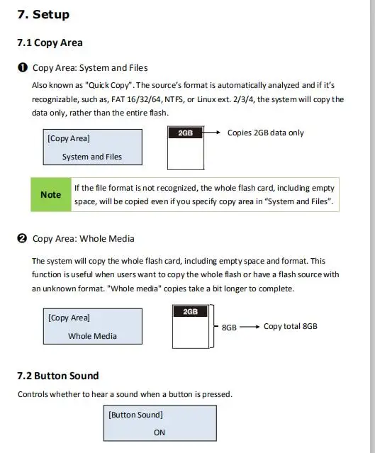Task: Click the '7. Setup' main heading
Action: (43, 14)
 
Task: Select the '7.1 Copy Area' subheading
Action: (50, 43)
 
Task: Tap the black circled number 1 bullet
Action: (23, 67)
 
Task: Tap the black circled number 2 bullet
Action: (22, 239)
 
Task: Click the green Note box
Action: (51, 194)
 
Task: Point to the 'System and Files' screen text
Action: (92, 157)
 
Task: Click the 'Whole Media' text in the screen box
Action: (92, 336)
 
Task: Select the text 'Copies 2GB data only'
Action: (266, 133)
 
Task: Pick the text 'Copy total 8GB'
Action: (291, 326)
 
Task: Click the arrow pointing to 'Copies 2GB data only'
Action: (212, 133)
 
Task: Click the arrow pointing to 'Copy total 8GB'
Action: (250, 327)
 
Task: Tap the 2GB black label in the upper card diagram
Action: (186, 133)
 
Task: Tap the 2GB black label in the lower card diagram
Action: (191, 311)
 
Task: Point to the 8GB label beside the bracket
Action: (229, 328)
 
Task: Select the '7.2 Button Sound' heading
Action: (58, 376)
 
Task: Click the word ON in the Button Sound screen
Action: (159, 432)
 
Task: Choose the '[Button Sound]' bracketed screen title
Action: (135, 415)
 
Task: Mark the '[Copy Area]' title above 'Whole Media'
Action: (69, 318)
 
